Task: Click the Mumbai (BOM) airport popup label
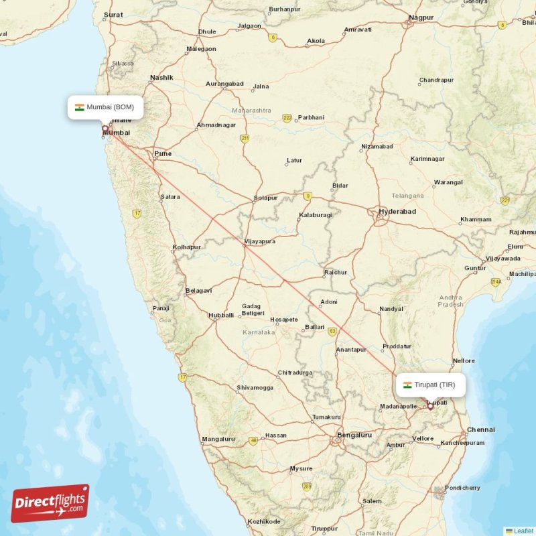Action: click(105, 107)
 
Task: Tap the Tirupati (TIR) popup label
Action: click(429, 385)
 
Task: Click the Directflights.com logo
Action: click(50, 503)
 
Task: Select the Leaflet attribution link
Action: click(523, 531)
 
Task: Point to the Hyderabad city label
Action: click(397, 211)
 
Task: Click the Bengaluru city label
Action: click(354, 435)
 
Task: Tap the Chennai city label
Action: click(480, 429)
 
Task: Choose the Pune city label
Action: click(163, 153)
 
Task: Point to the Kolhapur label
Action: click(187, 247)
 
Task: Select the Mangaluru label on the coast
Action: click(218, 440)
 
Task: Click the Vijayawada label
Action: click(503, 258)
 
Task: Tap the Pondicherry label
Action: click(463, 488)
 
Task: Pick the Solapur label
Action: click(265, 198)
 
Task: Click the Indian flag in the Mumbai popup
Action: click(79, 107)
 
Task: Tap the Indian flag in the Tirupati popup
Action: click(407, 385)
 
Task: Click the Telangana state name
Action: click(407, 196)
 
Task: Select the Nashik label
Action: click(161, 78)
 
